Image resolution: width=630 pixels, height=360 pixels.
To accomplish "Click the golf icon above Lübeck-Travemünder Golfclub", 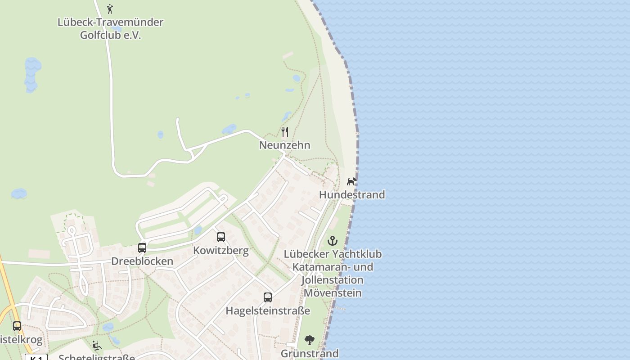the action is coord(110,9).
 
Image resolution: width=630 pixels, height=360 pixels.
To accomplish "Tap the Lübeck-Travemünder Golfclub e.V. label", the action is coord(110,28).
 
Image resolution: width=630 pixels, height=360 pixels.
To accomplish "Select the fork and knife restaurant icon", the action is coord(285,132).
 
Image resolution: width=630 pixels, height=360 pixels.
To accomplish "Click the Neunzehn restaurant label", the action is coord(284,145).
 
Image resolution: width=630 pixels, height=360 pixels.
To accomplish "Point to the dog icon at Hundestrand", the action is coord(351,181).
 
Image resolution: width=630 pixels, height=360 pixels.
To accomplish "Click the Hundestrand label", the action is coord(352,195).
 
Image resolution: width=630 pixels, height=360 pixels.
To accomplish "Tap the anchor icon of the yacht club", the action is coord(333,241).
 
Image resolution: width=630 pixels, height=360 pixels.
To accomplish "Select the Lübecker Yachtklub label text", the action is coord(333,254).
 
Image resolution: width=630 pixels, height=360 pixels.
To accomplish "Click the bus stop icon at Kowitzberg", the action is coord(221,237).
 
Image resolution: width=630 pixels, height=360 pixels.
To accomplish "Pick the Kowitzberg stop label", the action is coord(221,251).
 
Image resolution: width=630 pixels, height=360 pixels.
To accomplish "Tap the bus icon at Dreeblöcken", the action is coord(142,248).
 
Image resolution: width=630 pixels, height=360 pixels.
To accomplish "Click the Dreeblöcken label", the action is coord(142,261).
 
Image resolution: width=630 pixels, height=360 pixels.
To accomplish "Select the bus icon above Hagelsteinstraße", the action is coord(268,297).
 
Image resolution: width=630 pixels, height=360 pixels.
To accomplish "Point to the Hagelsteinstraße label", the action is coord(268,311).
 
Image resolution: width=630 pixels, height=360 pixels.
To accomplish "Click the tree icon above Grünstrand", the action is coord(310,340).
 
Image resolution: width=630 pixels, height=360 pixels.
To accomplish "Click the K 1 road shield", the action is coord(36,358).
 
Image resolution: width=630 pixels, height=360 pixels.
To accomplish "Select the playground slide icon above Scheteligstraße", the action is coord(97,346).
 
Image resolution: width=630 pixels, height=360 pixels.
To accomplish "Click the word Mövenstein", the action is coord(333,293).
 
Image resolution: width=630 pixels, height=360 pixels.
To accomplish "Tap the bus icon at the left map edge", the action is coord(17,326).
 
